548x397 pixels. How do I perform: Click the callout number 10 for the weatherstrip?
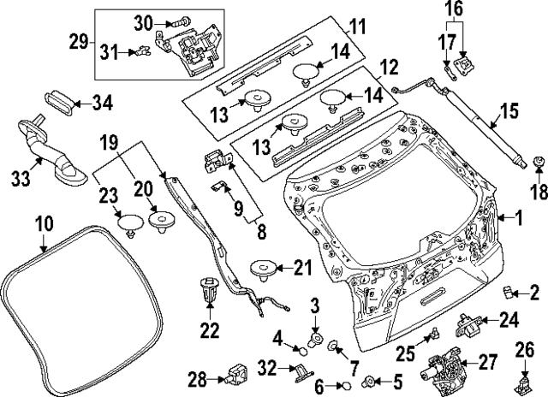click(44, 225)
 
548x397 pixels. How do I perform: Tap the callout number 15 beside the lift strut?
click(509, 110)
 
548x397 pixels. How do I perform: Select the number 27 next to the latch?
click(486, 363)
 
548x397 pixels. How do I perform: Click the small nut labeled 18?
click(539, 163)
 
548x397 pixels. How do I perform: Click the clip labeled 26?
click(521, 380)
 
